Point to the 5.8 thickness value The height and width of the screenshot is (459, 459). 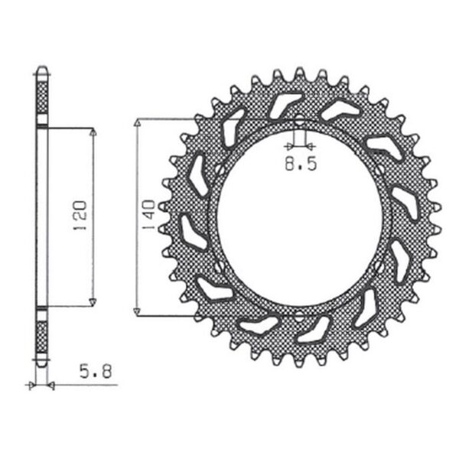97,374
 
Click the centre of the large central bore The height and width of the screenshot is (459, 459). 299,216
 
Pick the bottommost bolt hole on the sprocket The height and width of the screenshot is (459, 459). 299,314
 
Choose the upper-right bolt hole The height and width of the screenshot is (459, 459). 380,169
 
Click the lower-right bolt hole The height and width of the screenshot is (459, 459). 380,265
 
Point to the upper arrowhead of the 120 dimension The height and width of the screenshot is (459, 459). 93,132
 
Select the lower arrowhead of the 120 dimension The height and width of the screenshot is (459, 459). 93,301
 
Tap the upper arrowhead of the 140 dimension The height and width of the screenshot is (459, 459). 137,123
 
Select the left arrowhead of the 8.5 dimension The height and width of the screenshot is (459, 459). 289,145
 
